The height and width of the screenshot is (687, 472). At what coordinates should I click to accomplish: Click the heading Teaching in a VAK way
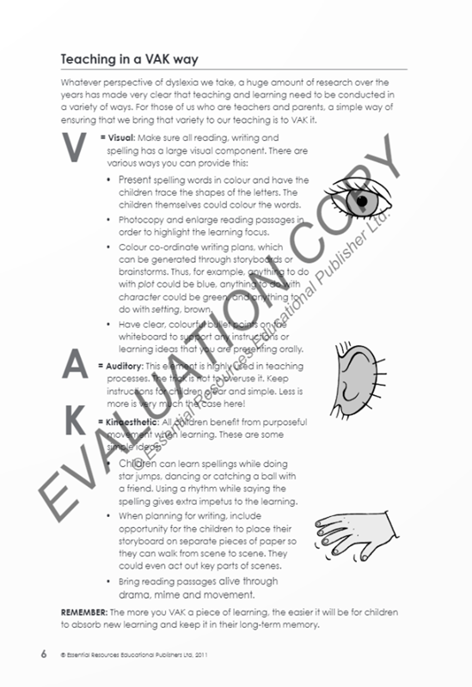pyautogui.click(x=129, y=59)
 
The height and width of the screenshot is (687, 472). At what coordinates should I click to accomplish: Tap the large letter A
pyautogui.click(x=77, y=367)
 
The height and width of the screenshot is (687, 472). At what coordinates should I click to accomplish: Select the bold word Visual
pyautogui.click(x=123, y=137)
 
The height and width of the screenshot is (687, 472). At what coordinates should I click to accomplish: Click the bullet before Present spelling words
pyautogui.click(x=108, y=180)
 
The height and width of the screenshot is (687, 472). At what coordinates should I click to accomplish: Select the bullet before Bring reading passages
pyautogui.click(x=108, y=581)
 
